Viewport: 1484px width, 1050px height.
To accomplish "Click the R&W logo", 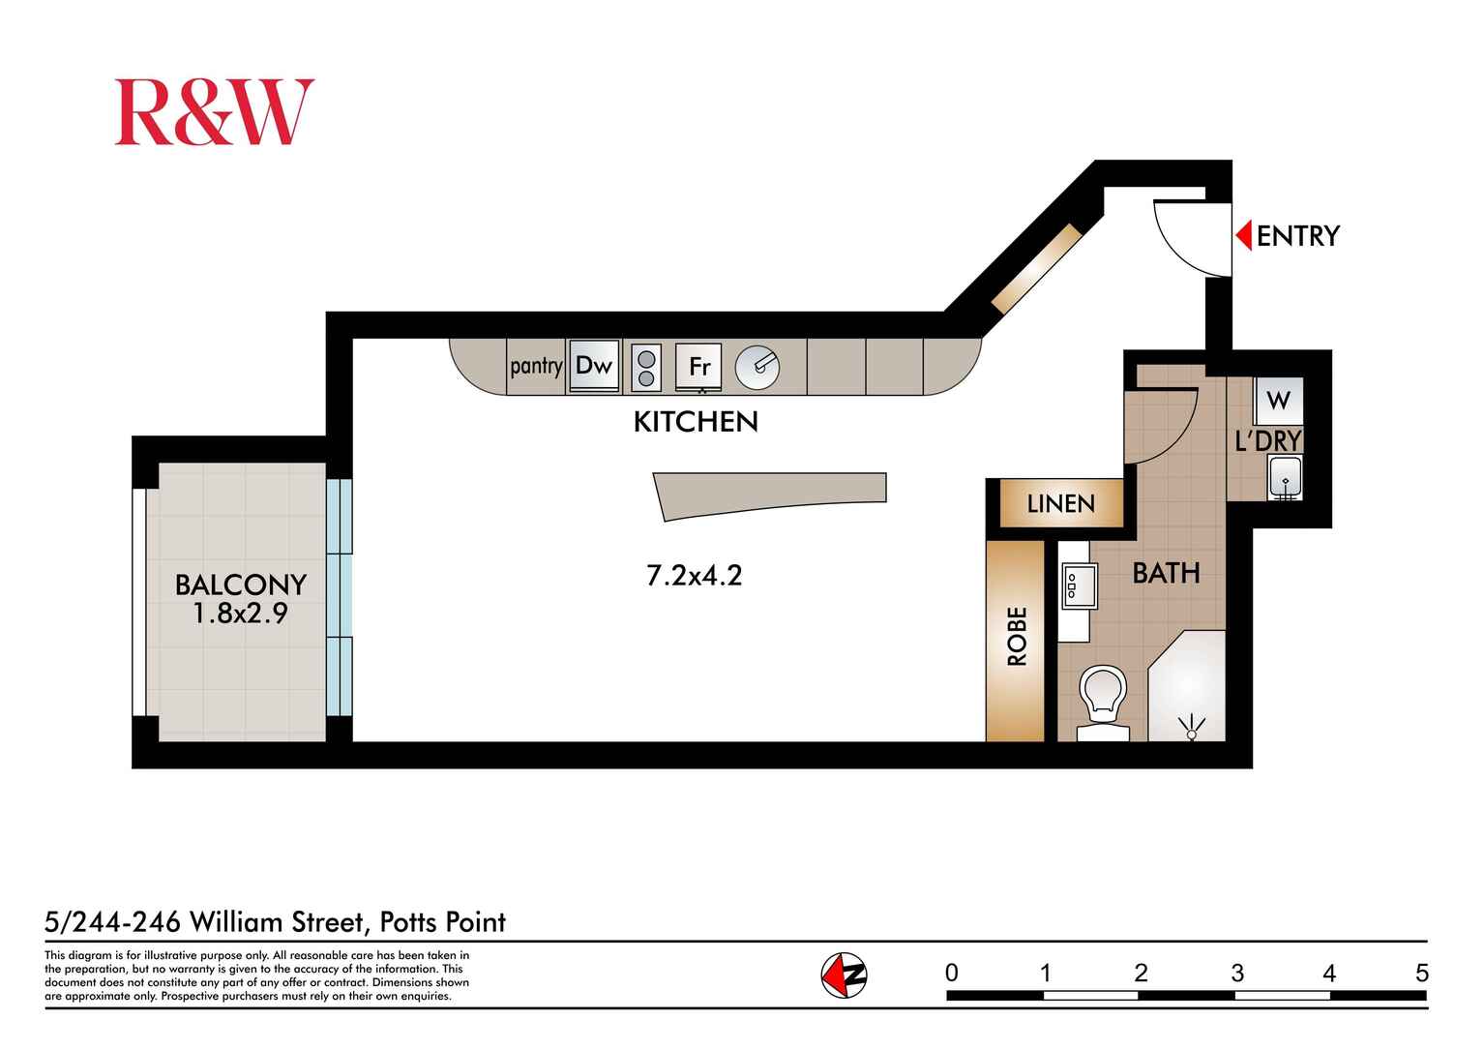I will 214,112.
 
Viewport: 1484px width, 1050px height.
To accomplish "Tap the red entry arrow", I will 1244,235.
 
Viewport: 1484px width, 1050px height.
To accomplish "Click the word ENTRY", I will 1297,236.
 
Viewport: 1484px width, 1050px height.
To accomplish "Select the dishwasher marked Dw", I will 594,366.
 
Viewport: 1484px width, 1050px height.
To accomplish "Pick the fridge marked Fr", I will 698,367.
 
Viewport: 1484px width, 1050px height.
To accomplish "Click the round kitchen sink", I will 757,367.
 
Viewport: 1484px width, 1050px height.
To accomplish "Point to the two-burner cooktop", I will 646,368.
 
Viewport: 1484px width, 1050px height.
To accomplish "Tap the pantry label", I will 536,366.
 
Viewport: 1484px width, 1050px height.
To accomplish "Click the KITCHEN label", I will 696,422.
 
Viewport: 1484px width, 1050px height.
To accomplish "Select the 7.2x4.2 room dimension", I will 694,576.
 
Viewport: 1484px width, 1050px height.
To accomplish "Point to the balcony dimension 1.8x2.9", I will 240,614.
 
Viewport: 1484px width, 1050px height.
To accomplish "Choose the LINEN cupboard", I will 1060,503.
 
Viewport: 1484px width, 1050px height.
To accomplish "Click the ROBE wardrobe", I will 1016,639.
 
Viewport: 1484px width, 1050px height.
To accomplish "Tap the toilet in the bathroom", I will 1103,700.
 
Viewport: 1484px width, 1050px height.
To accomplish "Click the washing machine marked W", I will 1278,400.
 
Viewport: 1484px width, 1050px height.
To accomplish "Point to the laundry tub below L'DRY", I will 1285,477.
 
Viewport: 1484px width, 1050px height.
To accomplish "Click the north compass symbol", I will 844,975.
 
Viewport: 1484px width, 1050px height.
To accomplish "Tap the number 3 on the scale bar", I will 1236,973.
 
